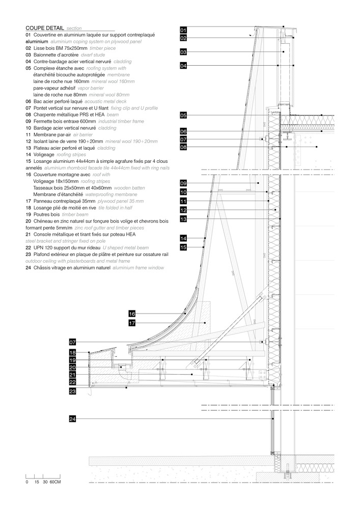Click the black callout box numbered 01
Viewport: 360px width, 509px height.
[x=184, y=31]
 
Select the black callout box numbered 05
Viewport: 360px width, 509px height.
[x=184, y=116]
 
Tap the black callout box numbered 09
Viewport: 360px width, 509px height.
[x=184, y=183]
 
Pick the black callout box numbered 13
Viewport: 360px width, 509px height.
[x=184, y=219]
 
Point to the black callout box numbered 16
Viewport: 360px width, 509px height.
[x=132, y=314]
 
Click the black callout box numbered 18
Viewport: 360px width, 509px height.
[x=72, y=353]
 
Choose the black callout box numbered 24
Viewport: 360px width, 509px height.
[x=72, y=419]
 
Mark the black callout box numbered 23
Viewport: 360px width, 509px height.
[x=72, y=391]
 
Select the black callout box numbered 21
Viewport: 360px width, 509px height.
[x=72, y=375]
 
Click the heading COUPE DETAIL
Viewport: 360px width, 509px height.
[x=45, y=29]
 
